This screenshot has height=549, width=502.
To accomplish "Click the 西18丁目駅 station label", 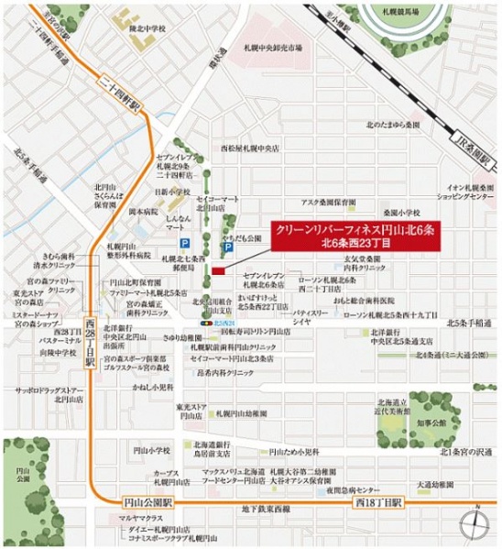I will coord(378,503).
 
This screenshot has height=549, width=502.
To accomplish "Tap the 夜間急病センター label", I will coord(362,486).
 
